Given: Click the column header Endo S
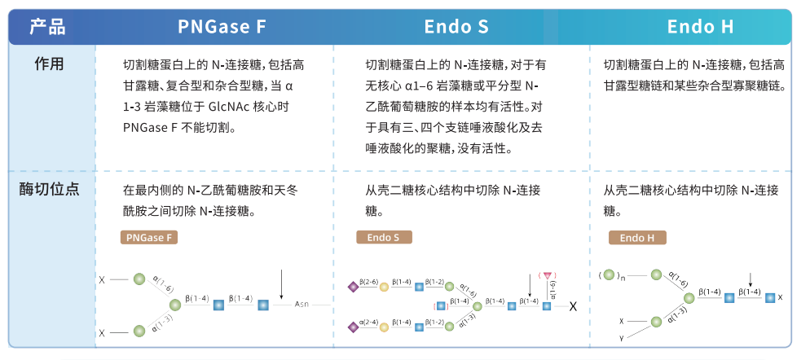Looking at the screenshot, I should (456, 27).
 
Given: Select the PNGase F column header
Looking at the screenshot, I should (222, 27).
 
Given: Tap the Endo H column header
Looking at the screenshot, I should (701, 27).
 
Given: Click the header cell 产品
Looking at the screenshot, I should (47, 27).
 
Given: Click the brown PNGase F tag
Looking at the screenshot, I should (148, 238).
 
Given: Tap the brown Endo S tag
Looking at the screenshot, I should (384, 238).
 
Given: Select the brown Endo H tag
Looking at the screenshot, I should (637, 238).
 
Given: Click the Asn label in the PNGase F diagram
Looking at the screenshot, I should (304, 305).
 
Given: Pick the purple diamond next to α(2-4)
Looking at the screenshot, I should (353, 326).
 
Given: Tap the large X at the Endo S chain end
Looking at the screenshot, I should (573, 306).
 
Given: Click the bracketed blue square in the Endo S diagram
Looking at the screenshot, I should (441, 305).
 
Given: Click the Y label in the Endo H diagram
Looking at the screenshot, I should (621, 337).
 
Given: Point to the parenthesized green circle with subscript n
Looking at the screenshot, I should (610, 274).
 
